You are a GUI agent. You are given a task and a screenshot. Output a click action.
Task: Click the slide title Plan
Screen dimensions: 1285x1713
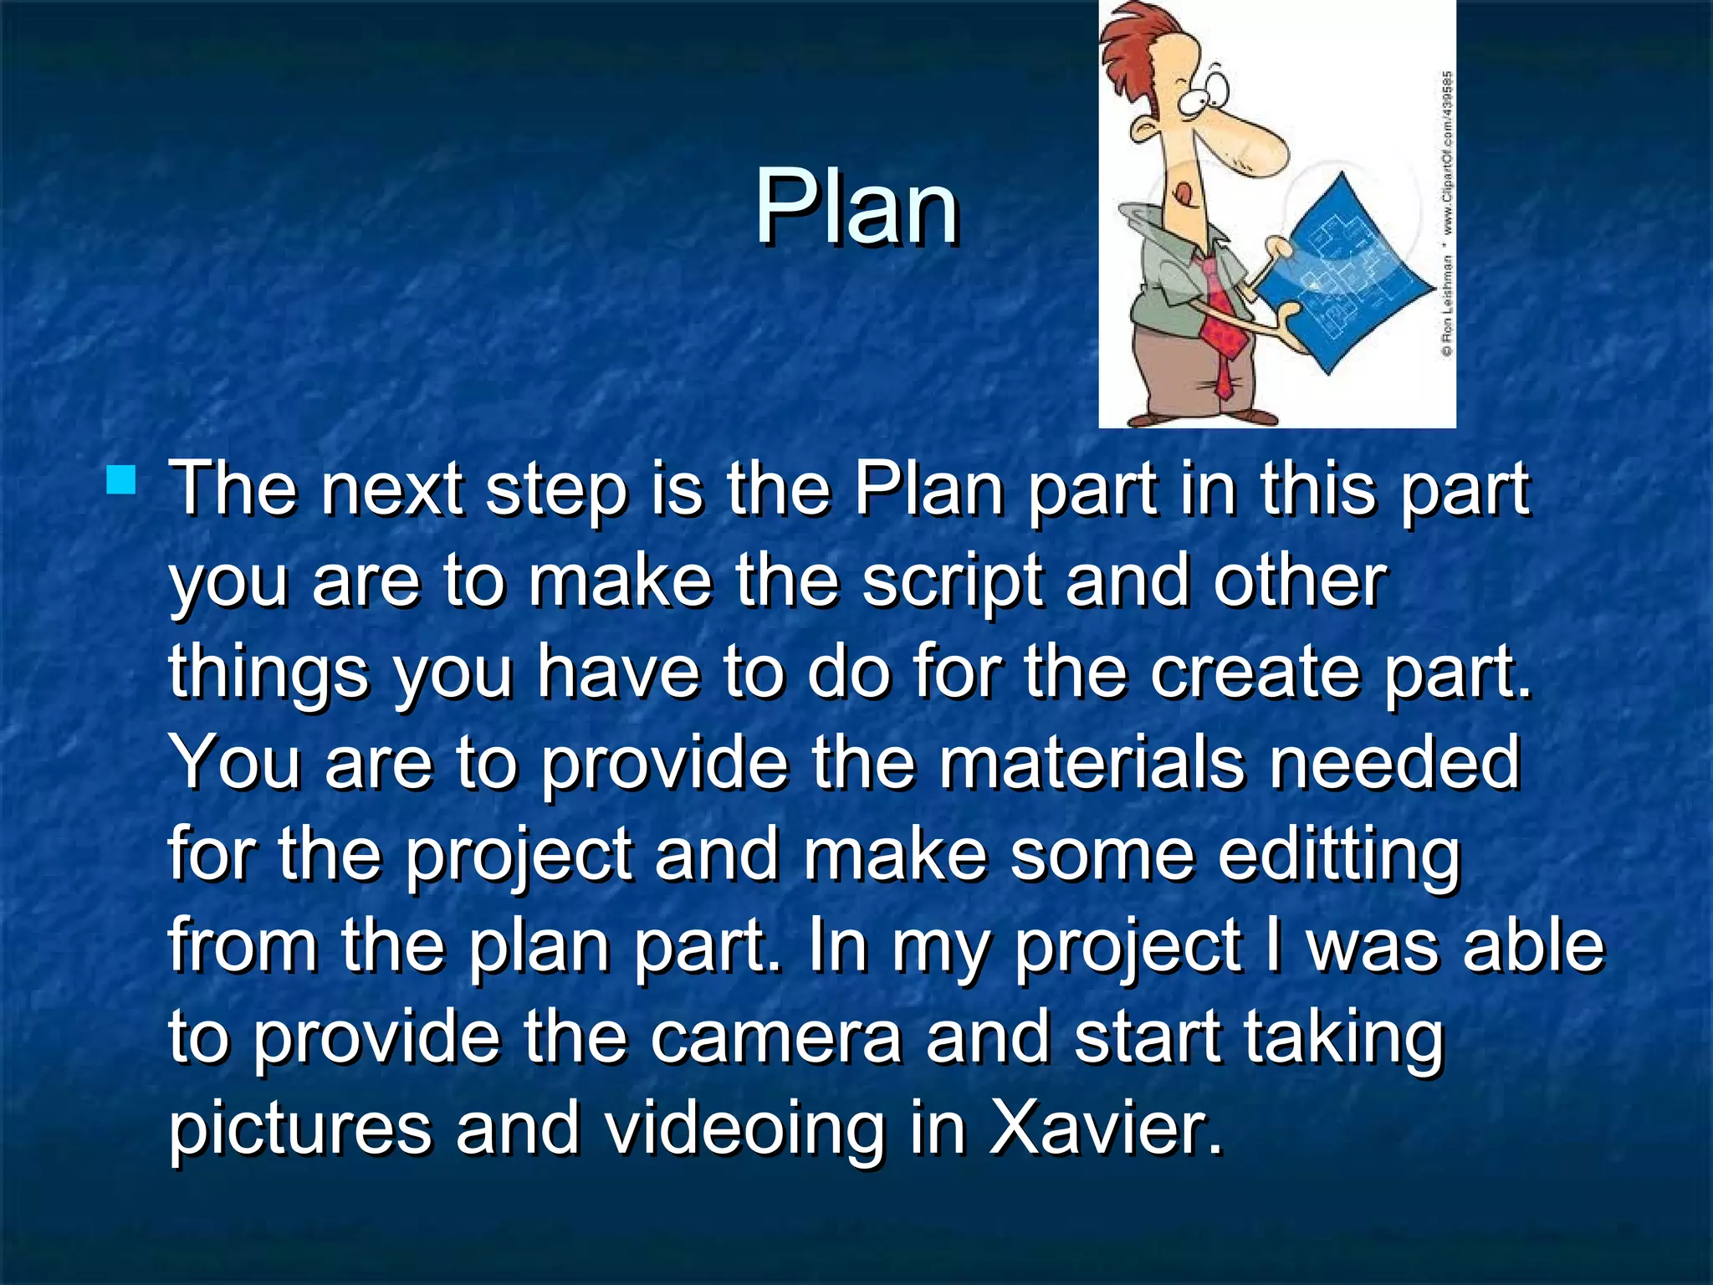856,207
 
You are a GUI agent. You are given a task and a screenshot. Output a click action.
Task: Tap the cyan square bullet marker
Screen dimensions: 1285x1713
122,481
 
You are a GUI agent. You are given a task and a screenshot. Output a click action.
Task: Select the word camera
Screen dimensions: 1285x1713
776,1037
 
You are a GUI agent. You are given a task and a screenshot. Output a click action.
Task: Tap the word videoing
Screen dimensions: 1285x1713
744,1129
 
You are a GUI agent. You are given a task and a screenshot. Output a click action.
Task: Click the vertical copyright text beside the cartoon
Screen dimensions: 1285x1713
1446,213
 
